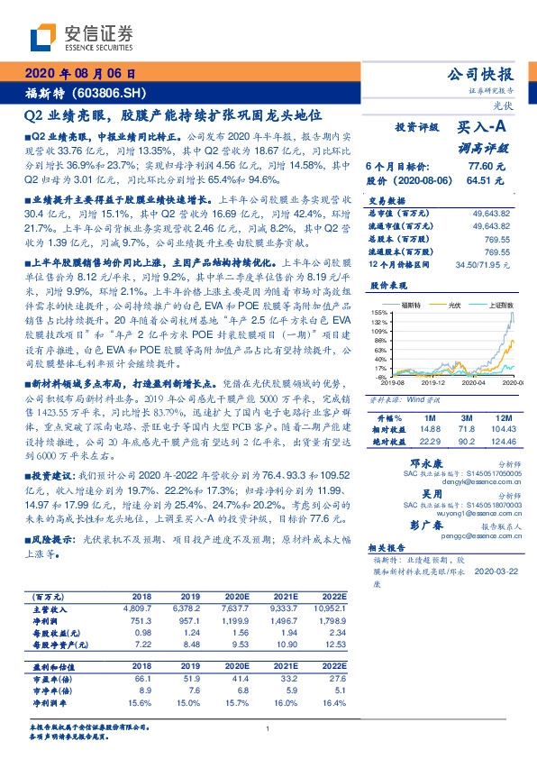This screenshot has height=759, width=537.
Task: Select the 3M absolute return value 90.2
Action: coord(466,440)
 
